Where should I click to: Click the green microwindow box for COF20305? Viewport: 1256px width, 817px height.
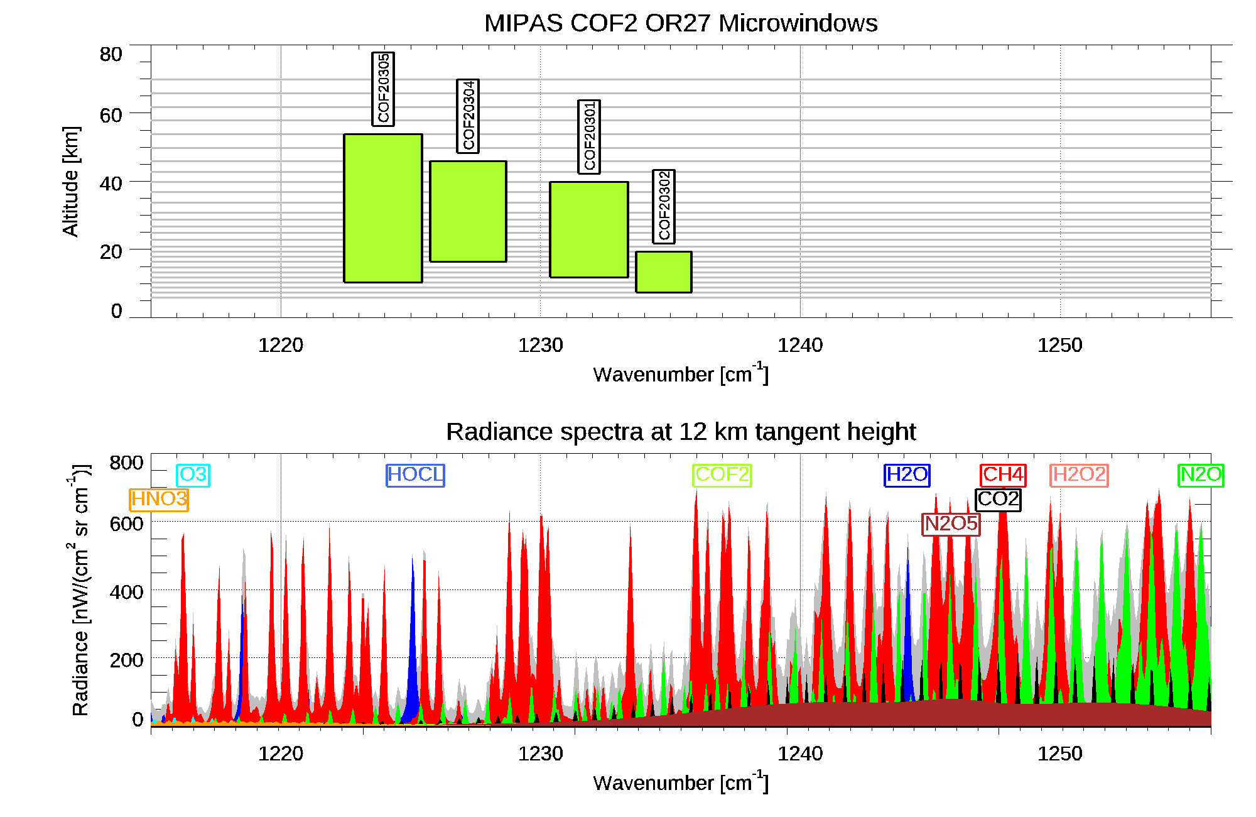pyautogui.click(x=383, y=208)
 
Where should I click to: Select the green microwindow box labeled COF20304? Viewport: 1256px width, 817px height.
pyautogui.click(x=468, y=211)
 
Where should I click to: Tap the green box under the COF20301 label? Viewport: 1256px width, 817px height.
pyautogui.click(x=589, y=229)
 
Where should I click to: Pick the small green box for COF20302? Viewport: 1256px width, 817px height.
pyautogui.click(x=664, y=271)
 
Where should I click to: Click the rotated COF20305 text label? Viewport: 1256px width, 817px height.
pyautogui.click(x=383, y=89)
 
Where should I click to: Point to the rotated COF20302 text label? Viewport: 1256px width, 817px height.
pyautogui.click(x=664, y=206)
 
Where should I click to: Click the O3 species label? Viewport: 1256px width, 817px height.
pyautogui.click(x=193, y=474)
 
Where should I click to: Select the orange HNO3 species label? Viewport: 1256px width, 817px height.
pyautogui.click(x=159, y=500)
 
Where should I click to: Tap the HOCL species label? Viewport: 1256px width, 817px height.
pyautogui.click(x=415, y=474)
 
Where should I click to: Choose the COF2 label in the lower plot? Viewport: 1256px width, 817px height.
pyautogui.click(x=722, y=474)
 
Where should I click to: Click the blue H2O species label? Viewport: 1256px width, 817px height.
pyautogui.click(x=907, y=474)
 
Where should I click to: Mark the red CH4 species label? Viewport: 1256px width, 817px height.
pyautogui.click(x=1003, y=474)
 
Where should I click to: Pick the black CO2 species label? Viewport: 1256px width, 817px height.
pyautogui.click(x=998, y=500)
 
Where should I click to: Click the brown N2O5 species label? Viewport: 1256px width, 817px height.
pyautogui.click(x=951, y=524)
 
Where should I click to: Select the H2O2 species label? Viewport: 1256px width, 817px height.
pyautogui.click(x=1079, y=474)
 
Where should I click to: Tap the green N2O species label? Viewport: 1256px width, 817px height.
pyautogui.click(x=1201, y=474)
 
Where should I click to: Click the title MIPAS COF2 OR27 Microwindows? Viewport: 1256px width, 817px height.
pyautogui.click(x=681, y=23)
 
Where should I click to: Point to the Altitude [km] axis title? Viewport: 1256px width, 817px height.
pyautogui.click(x=71, y=181)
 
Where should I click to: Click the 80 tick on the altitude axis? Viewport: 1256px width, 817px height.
pyautogui.click(x=111, y=55)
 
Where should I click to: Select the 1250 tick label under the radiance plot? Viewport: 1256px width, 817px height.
pyautogui.click(x=1060, y=754)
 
